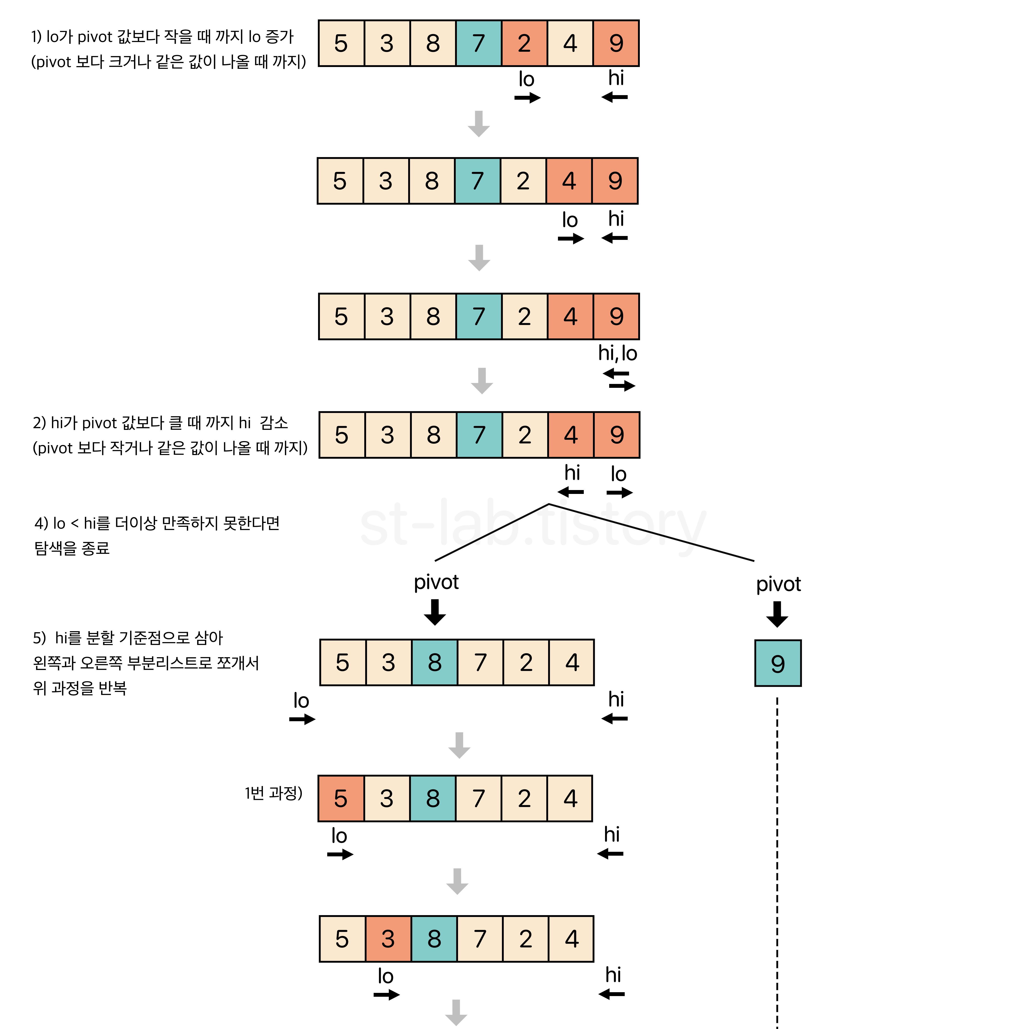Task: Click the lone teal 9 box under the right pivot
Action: pos(778,663)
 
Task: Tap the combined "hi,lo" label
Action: pos(617,353)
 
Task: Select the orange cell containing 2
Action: pos(524,43)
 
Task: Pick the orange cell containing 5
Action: pos(341,798)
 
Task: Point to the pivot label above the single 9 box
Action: pos(778,584)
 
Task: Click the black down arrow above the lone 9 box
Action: pos(777,614)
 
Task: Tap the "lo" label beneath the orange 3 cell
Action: pos(385,976)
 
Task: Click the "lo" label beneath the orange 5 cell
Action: pos(339,836)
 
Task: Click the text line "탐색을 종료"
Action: pos(72,548)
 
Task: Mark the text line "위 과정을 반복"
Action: pos(80,688)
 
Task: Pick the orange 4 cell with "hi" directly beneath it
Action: pos(571,435)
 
